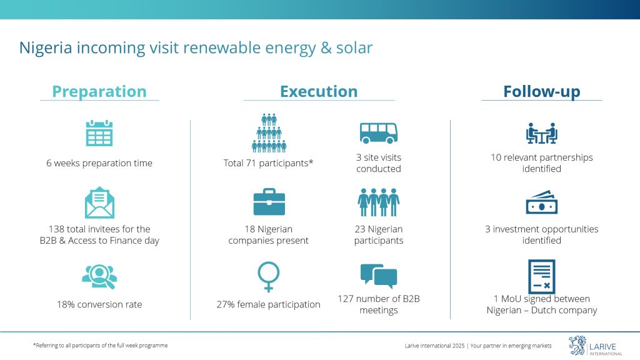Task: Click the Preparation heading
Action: pyautogui.click(x=99, y=92)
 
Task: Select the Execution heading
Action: pyautogui.click(x=319, y=91)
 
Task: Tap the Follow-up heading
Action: pyautogui.click(x=542, y=92)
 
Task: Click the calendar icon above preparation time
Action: pyautogui.click(x=99, y=133)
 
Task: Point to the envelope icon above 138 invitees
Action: pyautogui.click(x=99, y=202)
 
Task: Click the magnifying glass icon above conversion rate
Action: pyautogui.click(x=99, y=277)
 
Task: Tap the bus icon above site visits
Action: pyautogui.click(x=378, y=133)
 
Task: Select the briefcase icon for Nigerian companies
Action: pyautogui.click(x=269, y=202)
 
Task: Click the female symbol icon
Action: pyautogui.click(x=269, y=277)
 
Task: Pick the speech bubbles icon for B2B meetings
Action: pyautogui.click(x=379, y=276)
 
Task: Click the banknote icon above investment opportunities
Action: pyautogui.click(x=542, y=202)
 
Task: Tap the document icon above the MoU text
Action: pyautogui.click(x=542, y=276)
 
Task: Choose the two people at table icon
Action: pyautogui.click(x=542, y=133)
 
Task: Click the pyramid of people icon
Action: pyautogui.click(x=269, y=133)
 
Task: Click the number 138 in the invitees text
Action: pyautogui.click(x=56, y=229)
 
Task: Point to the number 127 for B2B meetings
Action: pyautogui.click(x=345, y=299)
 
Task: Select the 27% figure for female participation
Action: pyautogui.click(x=226, y=304)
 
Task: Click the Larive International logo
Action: pyautogui.click(x=596, y=346)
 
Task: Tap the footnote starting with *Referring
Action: pyautogui.click(x=101, y=345)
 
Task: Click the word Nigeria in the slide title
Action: pyautogui.click(x=46, y=48)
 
